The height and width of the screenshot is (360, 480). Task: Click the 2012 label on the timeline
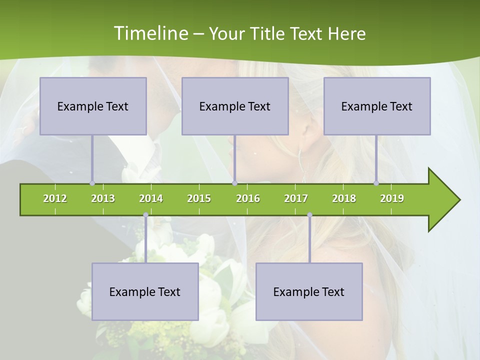(x=55, y=198)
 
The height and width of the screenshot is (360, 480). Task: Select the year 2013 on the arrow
(x=103, y=198)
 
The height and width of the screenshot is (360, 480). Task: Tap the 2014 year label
(x=151, y=198)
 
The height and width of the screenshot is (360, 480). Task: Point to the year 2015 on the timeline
(x=199, y=198)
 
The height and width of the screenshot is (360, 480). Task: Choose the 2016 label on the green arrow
(x=248, y=198)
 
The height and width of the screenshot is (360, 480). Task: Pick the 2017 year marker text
(x=296, y=198)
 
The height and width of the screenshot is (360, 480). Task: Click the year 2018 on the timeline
(x=344, y=198)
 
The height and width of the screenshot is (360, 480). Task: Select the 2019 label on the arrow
(x=392, y=198)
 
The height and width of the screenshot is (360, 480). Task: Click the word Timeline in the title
(x=149, y=33)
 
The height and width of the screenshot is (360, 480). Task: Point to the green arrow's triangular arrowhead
(x=443, y=200)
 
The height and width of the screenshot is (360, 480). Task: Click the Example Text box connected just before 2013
(x=93, y=106)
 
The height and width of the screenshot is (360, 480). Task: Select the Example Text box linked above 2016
(x=235, y=106)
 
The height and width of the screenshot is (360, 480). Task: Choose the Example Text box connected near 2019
(x=377, y=106)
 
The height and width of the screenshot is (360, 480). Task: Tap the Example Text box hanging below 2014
(x=145, y=291)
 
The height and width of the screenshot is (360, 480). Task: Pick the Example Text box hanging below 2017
(x=309, y=291)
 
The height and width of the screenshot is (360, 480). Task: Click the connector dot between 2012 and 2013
(x=92, y=183)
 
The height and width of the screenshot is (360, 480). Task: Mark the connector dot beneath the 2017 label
(x=309, y=215)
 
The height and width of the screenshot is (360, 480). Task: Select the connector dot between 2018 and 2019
(x=376, y=183)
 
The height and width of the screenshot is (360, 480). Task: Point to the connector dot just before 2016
(x=234, y=183)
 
